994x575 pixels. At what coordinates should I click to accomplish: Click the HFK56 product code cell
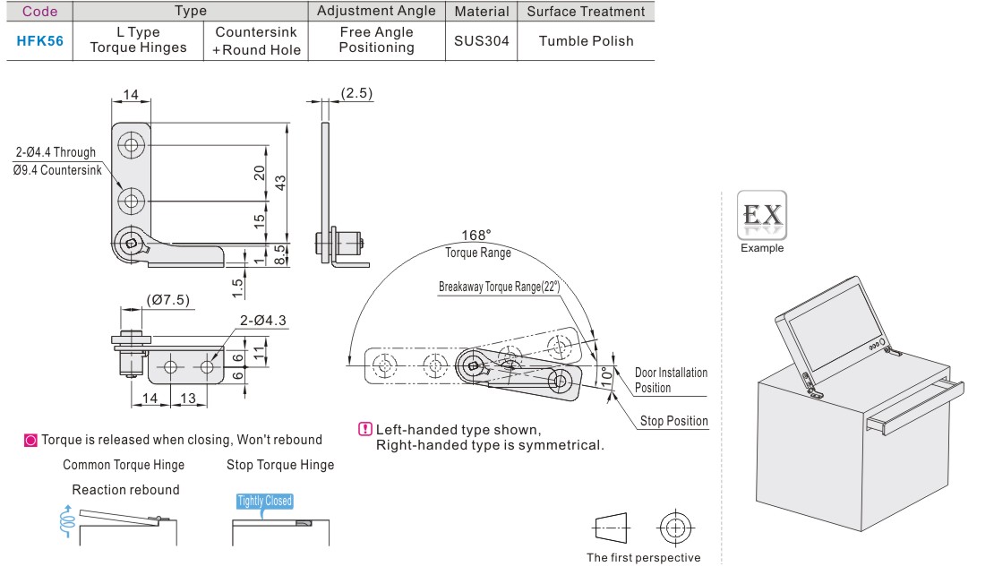(x=40, y=40)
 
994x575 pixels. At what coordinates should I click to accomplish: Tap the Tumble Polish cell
(x=587, y=40)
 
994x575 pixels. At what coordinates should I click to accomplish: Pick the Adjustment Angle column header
(x=377, y=12)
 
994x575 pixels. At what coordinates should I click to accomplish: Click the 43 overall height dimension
(x=280, y=182)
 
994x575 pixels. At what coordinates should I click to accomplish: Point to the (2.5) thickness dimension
(x=356, y=93)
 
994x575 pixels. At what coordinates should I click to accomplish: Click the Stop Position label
(x=673, y=421)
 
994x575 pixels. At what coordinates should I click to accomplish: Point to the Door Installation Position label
(x=671, y=380)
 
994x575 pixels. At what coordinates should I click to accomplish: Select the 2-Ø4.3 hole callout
(x=262, y=321)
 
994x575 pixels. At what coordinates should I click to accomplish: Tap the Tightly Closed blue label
(x=265, y=502)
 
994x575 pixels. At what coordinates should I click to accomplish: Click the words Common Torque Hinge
(x=124, y=465)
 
